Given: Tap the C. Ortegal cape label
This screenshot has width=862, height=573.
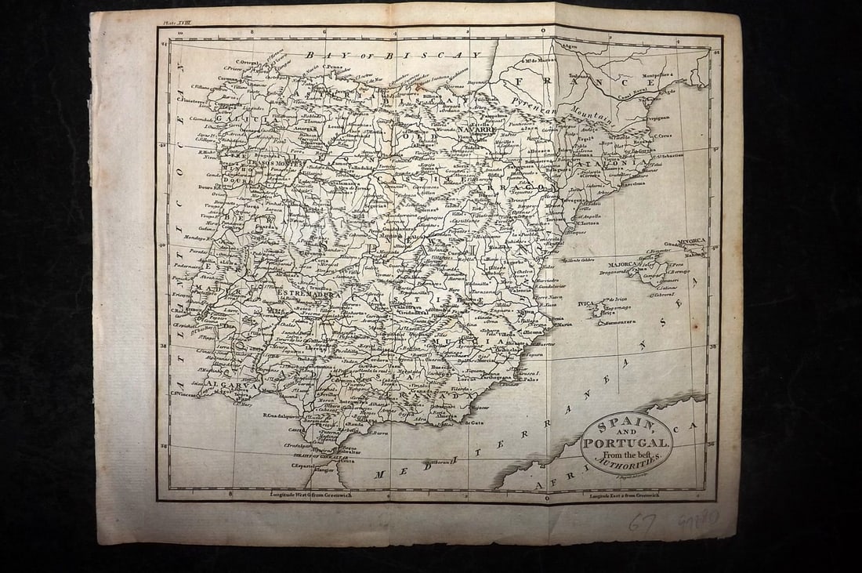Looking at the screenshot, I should tap(249, 63).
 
